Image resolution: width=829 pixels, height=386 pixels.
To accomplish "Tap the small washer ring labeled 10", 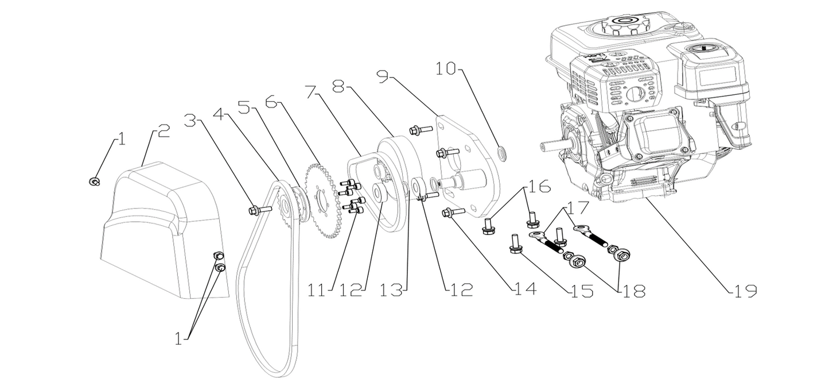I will pos(502,152).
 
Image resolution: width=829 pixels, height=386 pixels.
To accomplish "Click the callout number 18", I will pos(632,291).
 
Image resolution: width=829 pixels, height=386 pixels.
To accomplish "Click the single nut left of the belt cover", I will pos(94,182).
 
